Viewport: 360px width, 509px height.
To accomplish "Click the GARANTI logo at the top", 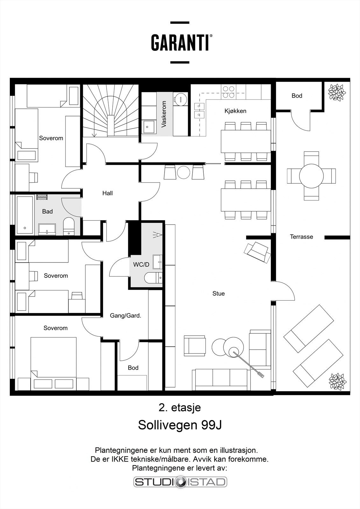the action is pos(182,43).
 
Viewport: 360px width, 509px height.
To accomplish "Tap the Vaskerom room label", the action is pos(164,114).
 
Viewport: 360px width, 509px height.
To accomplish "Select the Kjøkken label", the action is pos(235,111).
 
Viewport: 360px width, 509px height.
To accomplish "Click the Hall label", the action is pos(107,193).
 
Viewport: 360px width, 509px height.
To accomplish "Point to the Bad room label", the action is pos(47,211).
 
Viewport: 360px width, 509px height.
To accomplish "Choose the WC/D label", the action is pos(141,264).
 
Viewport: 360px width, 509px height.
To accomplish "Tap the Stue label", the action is pos(219,293).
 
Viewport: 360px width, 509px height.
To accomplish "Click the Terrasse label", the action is pos(301,237).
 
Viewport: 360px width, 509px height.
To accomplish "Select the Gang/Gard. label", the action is pos(125,316).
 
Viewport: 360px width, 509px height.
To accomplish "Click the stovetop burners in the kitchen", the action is pos(229,92).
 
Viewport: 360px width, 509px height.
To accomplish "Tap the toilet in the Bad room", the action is pos(68,226).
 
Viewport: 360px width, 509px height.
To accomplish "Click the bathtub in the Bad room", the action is pos(25,215).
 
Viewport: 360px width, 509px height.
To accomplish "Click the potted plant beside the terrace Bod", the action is pos(337,92).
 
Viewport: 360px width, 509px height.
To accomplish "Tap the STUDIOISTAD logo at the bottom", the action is pos(180,482).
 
